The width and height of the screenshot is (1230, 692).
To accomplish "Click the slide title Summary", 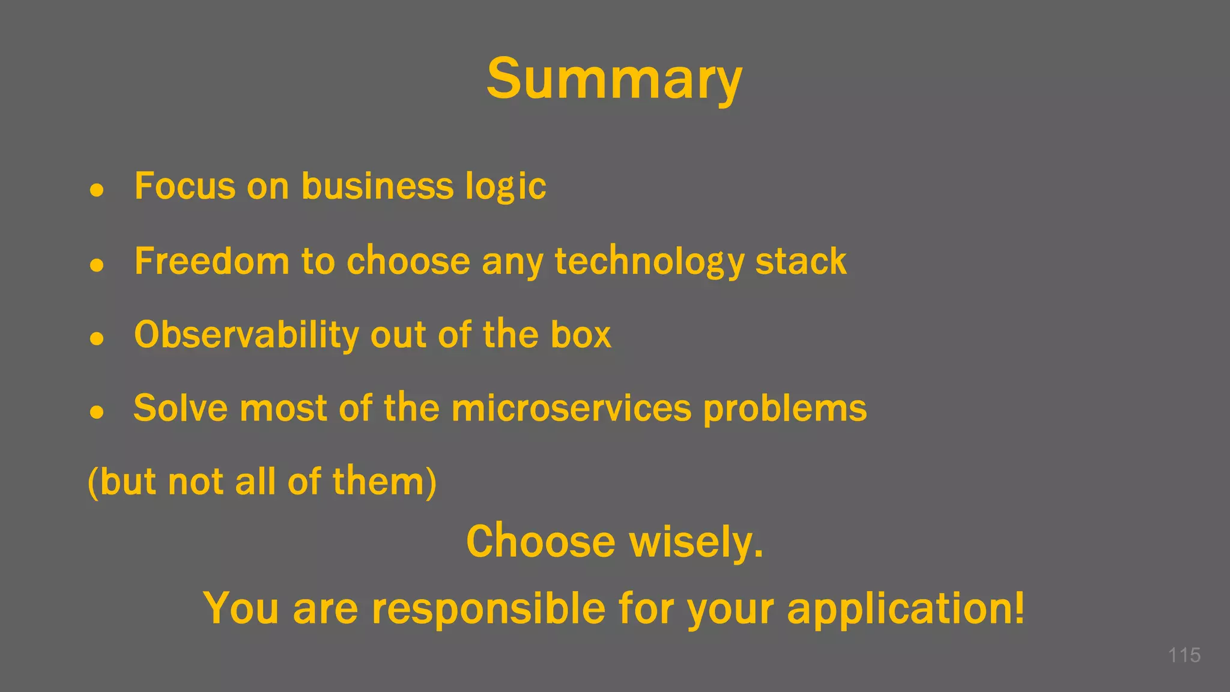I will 614,79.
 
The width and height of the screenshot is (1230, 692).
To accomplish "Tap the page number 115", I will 1184,655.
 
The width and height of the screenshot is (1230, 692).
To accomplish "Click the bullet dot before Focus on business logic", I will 97,190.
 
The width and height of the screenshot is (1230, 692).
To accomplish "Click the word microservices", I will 571,408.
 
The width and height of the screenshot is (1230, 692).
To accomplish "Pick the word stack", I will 801,261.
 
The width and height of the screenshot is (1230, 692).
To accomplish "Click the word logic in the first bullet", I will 506,187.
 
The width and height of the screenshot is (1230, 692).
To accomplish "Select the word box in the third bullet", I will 581,335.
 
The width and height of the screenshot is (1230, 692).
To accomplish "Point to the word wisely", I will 696,542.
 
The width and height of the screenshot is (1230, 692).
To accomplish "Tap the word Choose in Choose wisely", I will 541,541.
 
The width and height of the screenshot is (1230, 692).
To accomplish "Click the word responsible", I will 488,609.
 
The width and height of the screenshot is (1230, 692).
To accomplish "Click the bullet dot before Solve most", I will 97,412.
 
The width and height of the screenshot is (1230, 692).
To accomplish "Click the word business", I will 377,186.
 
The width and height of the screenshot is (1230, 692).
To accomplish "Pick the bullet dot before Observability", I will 97,338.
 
